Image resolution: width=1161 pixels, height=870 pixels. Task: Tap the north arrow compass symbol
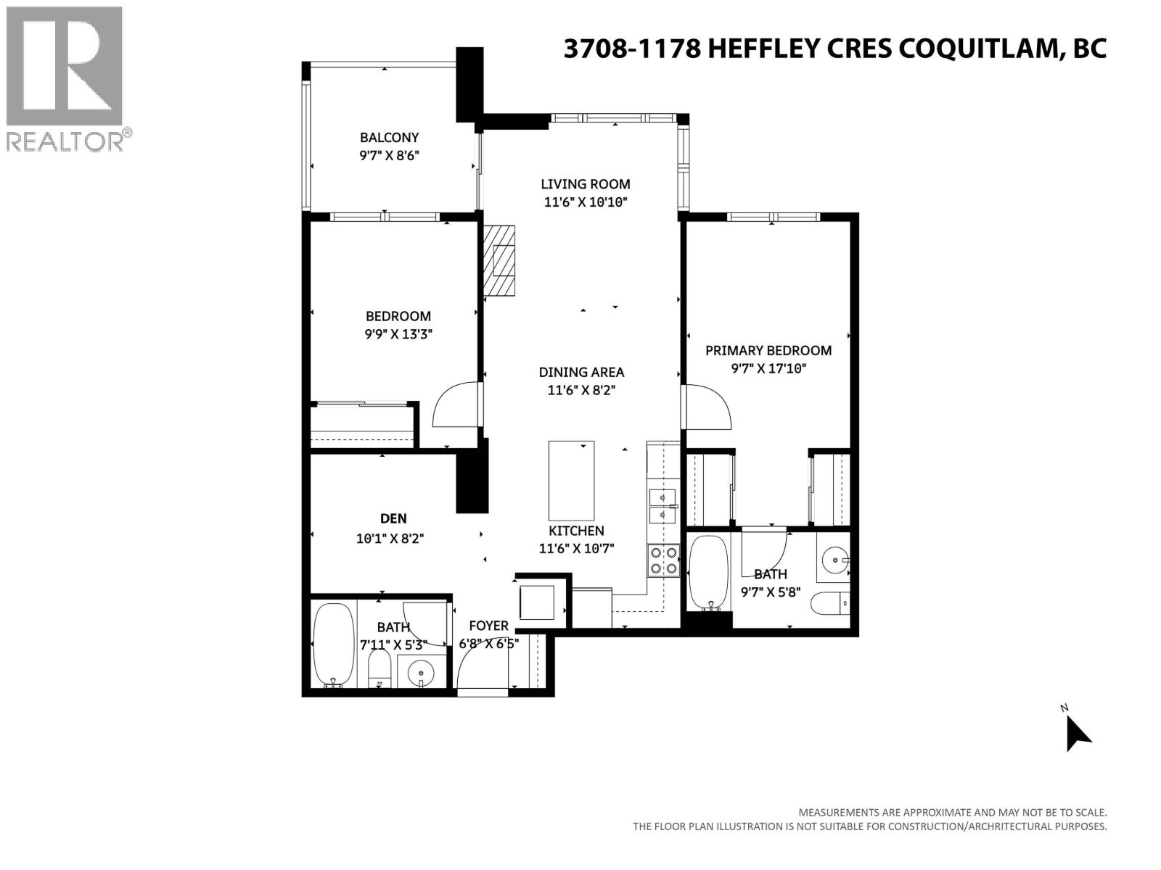tap(1077, 733)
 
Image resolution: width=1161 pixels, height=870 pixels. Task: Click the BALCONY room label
tap(390, 137)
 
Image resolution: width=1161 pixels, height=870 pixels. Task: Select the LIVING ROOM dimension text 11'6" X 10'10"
tap(585, 202)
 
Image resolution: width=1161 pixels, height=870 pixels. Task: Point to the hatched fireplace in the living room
tap(500, 260)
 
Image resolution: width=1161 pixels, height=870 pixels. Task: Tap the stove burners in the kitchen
tap(662, 560)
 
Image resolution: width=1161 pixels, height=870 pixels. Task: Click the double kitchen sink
tap(662, 506)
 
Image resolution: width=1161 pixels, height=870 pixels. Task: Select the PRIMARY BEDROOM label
tap(768, 350)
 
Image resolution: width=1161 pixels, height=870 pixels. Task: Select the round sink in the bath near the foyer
tap(420, 674)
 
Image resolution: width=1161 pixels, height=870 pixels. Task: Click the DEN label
tap(393, 518)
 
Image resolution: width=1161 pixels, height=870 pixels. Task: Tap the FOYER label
tap(488, 626)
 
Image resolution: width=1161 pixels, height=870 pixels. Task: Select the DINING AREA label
tap(581, 372)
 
